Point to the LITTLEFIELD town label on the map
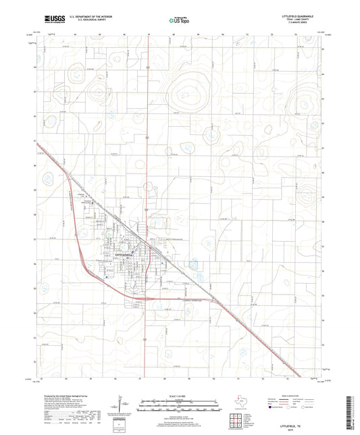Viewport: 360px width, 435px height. [x=127, y=254]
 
